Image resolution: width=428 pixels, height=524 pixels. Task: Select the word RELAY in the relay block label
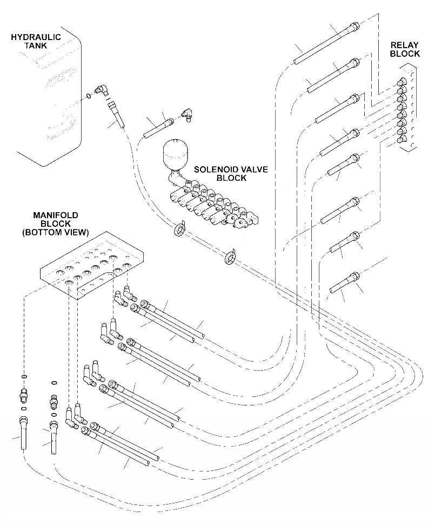tap(405, 45)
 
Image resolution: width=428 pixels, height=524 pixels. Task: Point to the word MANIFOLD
tap(55, 215)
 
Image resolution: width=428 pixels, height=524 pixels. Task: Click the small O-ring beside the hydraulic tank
tap(88, 96)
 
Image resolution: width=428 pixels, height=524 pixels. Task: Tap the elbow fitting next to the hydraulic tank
tap(102, 90)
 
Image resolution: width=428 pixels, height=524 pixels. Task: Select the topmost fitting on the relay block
tap(402, 83)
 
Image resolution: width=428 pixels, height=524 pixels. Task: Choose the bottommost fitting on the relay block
tap(402, 139)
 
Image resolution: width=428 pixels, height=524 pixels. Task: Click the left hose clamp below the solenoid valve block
tap(179, 228)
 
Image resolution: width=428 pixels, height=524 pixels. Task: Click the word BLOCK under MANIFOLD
tap(55, 224)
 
